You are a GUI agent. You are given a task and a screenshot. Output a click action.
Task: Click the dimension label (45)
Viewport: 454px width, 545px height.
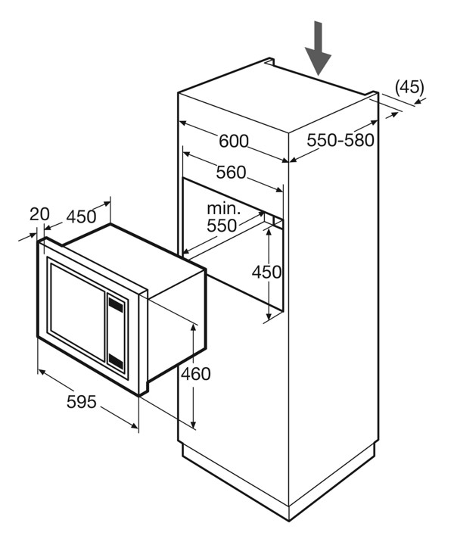(x=409, y=86)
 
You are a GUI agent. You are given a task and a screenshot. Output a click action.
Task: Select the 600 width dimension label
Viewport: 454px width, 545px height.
(x=234, y=141)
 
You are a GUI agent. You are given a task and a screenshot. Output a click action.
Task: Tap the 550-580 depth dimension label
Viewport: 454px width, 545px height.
(x=341, y=140)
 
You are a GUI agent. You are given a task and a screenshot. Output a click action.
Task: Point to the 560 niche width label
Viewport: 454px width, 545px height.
(x=231, y=173)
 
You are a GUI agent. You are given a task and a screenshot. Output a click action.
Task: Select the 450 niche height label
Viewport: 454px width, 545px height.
(x=266, y=272)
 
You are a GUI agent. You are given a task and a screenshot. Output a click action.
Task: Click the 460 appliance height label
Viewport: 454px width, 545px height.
(x=195, y=373)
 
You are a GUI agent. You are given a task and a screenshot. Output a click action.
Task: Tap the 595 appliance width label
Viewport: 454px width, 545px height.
(x=82, y=401)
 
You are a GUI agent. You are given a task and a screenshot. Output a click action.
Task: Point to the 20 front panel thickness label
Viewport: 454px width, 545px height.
(x=39, y=214)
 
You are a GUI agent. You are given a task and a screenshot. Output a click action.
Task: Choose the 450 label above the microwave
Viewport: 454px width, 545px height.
(x=81, y=216)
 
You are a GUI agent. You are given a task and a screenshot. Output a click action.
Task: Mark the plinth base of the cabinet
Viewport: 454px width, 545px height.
(x=280, y=484)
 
